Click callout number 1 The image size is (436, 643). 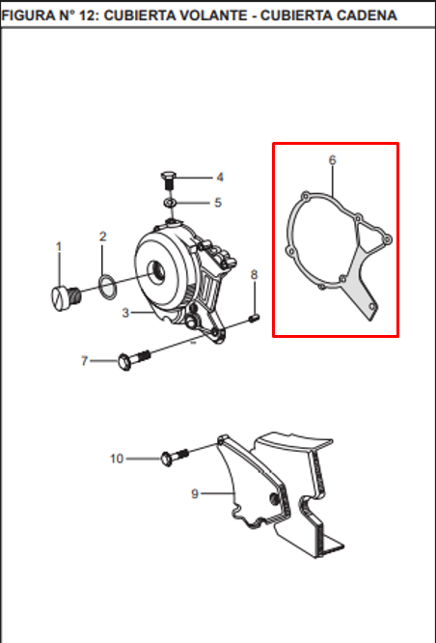tap(58, 247)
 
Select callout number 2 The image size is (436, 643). tap(103, 237)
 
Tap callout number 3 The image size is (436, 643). tap(125, 313)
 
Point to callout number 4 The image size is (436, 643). tap(219, 177)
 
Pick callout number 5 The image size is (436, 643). tap(218, 203)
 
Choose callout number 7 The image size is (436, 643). tap(84, 360)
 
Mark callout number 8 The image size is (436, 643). tap(255, 275)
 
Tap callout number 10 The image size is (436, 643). tap(117, 458)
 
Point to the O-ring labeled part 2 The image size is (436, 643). tap(107, 285)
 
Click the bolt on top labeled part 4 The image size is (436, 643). tap(168, 179)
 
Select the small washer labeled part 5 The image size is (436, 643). tap(169, 203)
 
